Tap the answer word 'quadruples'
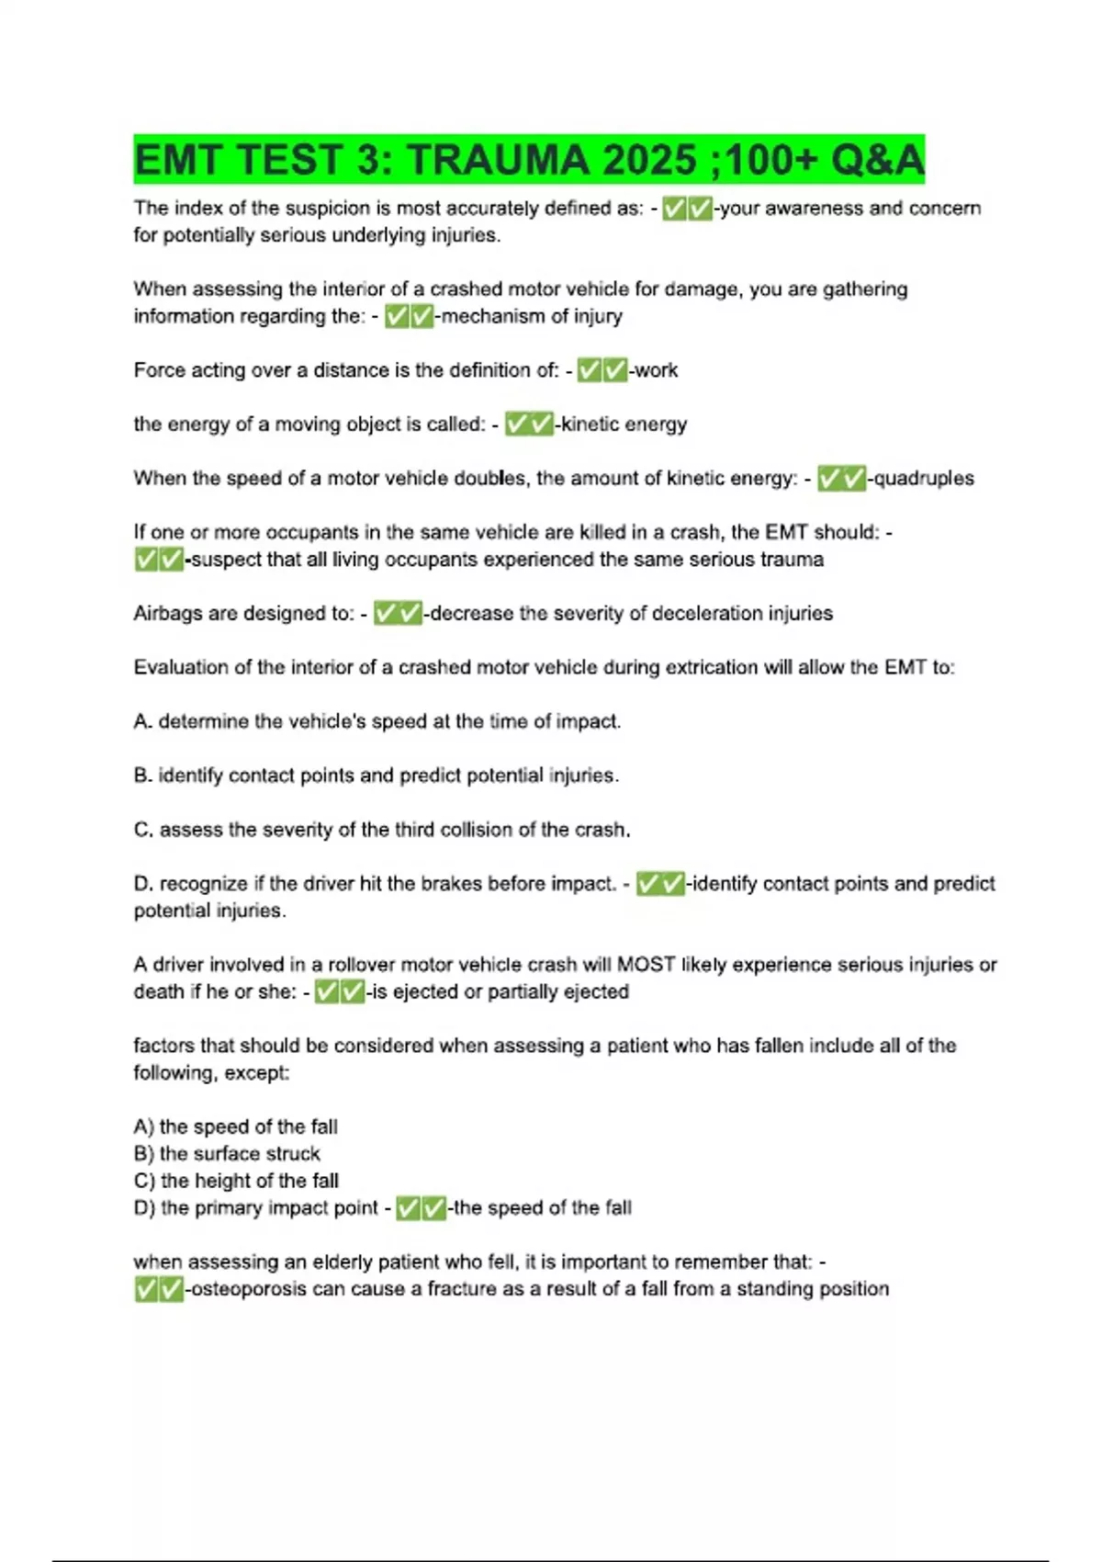924,479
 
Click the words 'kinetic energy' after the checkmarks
624,424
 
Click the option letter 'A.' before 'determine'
142,722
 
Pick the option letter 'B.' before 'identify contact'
142,776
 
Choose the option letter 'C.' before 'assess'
143,831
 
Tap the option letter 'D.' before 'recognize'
143,884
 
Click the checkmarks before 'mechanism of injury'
409,317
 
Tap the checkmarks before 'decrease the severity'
398,614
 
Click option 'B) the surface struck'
227,1154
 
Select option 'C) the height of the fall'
236,1181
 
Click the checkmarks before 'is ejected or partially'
339,992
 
